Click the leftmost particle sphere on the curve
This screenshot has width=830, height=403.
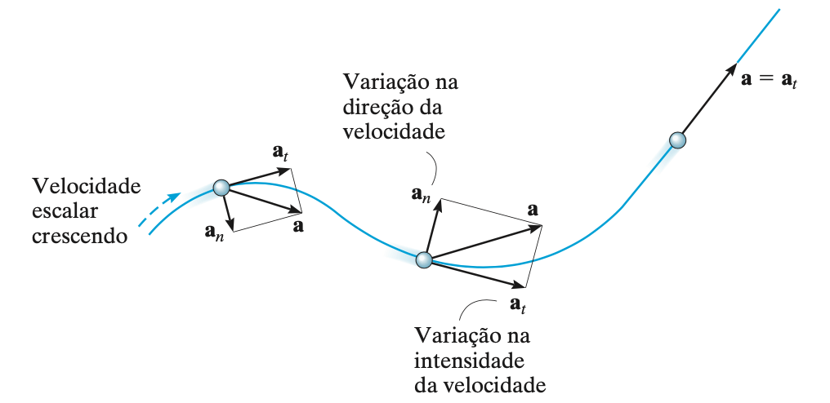221,188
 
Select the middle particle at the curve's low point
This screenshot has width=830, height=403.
423,260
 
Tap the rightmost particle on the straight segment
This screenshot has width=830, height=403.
677,140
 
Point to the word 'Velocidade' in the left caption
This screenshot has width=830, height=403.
86,187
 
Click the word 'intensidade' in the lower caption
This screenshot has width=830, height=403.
461,360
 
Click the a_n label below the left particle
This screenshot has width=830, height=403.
215,232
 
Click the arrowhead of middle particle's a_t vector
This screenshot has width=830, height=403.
520,285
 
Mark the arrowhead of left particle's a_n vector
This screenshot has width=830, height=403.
231,225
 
